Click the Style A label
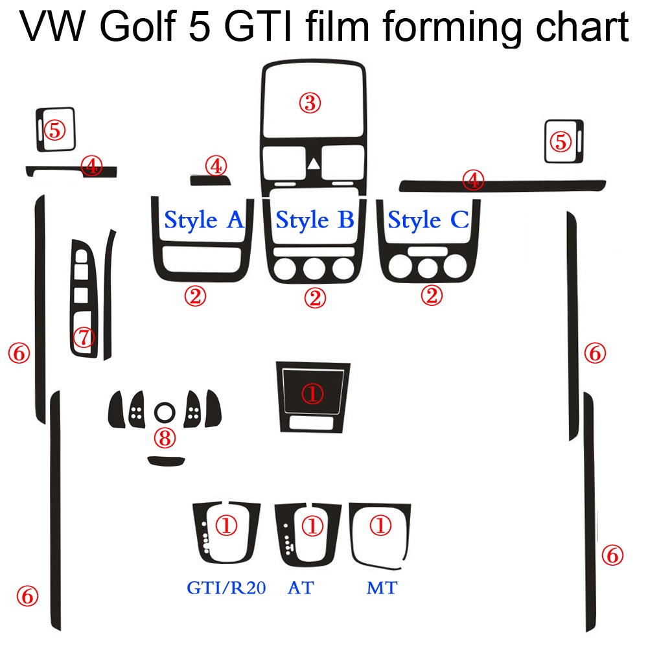click(204, 220)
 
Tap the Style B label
click(315, 220)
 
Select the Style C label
click(428, 220)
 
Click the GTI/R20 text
click(226, 588)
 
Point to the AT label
click(301, 588)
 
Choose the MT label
click(382, 588)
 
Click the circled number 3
click(310, 102)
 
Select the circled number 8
click(164, 438)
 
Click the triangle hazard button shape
click(314, 165)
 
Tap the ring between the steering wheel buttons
click(164, 411)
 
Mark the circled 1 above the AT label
click(313, 526)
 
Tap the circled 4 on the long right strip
click(474, 181)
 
